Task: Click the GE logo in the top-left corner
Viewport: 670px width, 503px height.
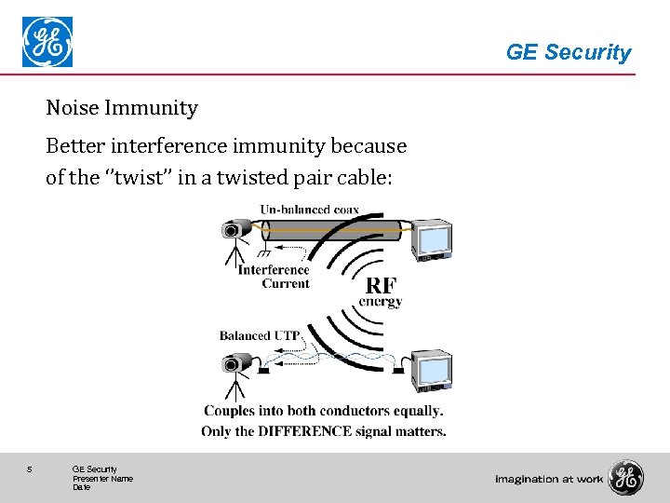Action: [x=47, y=43]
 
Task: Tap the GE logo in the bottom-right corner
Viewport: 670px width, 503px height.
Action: [x=625, y=478]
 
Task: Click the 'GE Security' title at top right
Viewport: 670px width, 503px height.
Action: [x=568, y=53]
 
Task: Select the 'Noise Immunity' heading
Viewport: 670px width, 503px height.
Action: [x=122, y=108]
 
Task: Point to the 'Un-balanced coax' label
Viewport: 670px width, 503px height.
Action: [x=308, y=210]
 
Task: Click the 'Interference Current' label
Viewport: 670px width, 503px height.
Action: [x=274, y=277]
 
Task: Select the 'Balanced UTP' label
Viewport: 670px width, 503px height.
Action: [x=258, y=335]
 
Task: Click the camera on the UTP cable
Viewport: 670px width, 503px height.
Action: [x=236, y=361]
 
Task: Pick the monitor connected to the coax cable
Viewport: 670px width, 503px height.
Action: [x=433, y=239]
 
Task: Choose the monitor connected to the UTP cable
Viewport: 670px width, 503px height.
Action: [x=433, y=370]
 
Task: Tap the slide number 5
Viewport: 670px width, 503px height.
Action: [x=31, y=469]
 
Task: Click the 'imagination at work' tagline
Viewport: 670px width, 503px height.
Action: [x=549, y=479]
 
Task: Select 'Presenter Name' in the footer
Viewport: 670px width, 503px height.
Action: [x=102, y=478]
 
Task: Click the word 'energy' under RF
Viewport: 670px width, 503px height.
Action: [x=381, y=302]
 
